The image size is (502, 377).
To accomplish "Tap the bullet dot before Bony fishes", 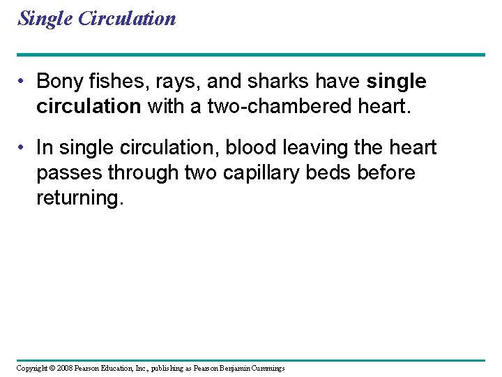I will [24, 82].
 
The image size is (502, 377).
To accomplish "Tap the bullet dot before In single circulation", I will [24, 148].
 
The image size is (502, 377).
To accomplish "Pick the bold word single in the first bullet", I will [396, 82].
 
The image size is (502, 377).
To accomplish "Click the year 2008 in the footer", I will [63, 368].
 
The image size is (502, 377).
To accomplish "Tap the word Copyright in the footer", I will [32, 368].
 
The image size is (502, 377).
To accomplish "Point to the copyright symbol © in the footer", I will [51, 368].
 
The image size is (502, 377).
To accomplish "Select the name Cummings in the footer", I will [266, 368].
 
